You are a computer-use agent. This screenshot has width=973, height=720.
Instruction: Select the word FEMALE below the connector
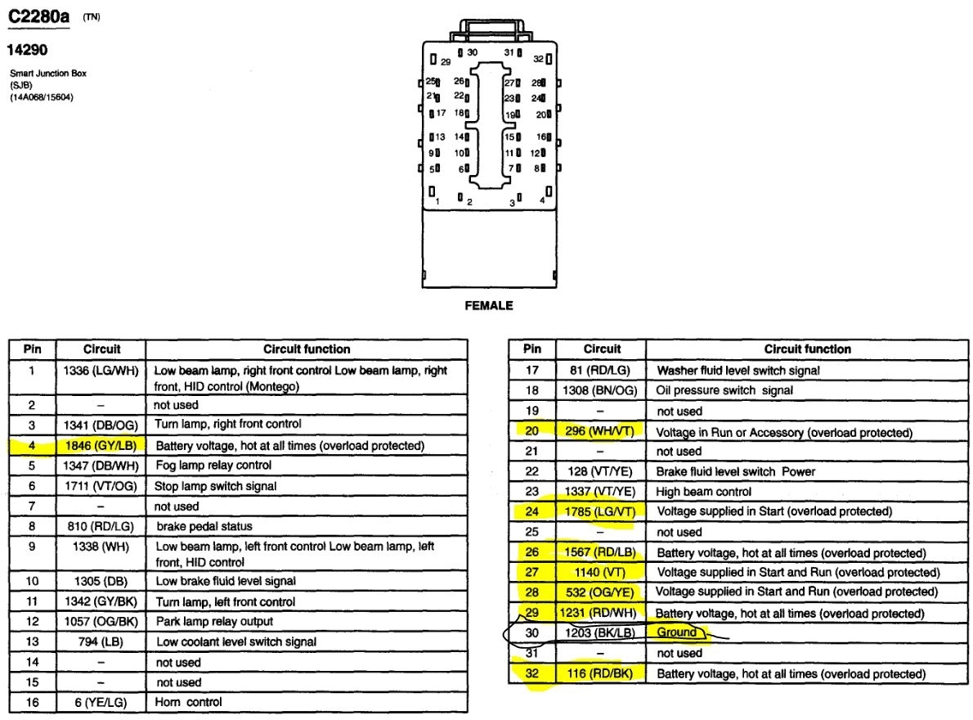pyautogui.click(x=489, y=305)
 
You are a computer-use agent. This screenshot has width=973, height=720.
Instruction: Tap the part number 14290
pyautogui.click(x=28, y=50)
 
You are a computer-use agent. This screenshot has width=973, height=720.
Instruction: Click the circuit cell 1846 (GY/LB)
pyautogui.click(x=102, y=446)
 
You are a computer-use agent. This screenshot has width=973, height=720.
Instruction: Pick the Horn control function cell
pyautogui.click(x=188, y=701)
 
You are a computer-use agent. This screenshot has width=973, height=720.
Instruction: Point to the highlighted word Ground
pyautogui.click(x=677, y=632)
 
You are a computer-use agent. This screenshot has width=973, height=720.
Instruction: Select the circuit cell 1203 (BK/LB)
pyautogui.click(x=603, y=632)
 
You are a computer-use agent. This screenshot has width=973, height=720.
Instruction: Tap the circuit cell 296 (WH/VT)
pyautogui.click(x=603, y=431)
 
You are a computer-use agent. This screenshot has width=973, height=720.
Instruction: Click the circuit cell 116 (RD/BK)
pyautogui.click(x=603, y=673)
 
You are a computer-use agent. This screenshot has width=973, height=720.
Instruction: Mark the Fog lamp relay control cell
pyautogui.click(x=213, y=466)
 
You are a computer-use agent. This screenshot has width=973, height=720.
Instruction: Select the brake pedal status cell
pyautogui.click(x=204, y=526)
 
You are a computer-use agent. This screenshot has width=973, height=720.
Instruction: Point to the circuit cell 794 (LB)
pyautogui.click(x=102, y=642)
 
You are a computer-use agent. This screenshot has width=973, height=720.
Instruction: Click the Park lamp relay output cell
pyautogui.click(x=213, y=622)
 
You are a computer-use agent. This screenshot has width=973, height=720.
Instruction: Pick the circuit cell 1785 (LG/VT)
pyautogui.click(x=603, y=511)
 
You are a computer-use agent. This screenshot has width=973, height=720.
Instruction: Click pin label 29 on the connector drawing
pyautogui.click(x=446, y=62)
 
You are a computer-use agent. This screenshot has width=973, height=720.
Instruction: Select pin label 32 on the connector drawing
pyautogui.click(x=538, y=59)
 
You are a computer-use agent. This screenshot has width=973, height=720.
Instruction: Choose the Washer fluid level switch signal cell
pyautogui.click(x=738, y=371)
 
